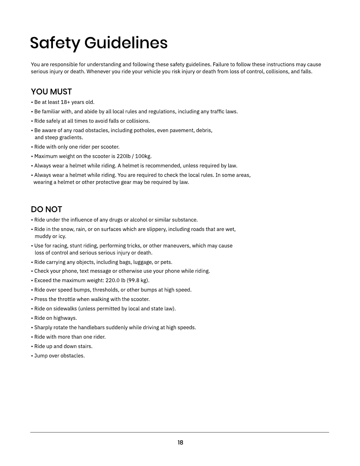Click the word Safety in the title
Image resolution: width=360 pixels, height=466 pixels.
54,43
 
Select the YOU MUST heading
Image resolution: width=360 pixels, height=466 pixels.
51,92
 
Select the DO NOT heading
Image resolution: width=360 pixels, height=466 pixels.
46,209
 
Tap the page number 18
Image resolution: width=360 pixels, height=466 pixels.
180,442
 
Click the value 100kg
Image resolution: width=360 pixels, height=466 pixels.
143,156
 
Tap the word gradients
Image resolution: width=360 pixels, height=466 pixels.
71,137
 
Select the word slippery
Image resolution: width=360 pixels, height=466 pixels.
155,229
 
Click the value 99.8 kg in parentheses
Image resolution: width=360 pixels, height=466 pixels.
138,280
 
